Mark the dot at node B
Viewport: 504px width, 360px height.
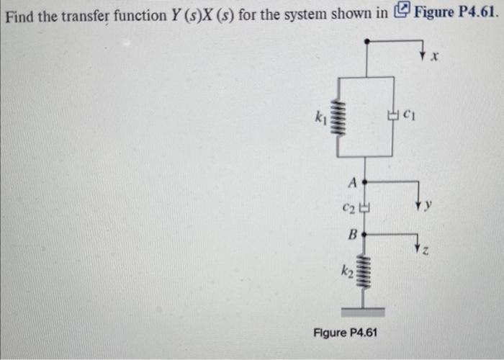click(365, 234)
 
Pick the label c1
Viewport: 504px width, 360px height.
click(409, 112)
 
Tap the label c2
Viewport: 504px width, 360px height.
click(349, 209)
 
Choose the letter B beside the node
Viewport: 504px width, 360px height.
click(352, 234)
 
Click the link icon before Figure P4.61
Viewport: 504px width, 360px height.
click(403, 12)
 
